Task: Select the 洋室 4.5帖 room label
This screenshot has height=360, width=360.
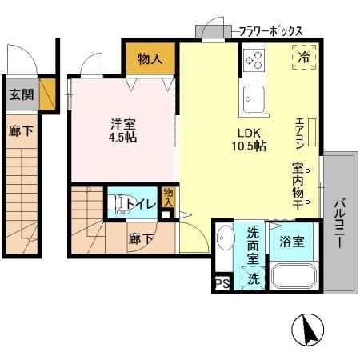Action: point(122,130)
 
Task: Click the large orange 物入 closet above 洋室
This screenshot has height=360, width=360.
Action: point(150,58)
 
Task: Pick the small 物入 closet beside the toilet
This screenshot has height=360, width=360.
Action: point(167,198)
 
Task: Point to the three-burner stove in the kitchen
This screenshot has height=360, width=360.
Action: point(254,59)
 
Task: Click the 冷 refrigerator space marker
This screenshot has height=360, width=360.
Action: point(304,57)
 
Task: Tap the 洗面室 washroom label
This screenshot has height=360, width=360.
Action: point(251,243)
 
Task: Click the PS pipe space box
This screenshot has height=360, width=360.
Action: point(219,282)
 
